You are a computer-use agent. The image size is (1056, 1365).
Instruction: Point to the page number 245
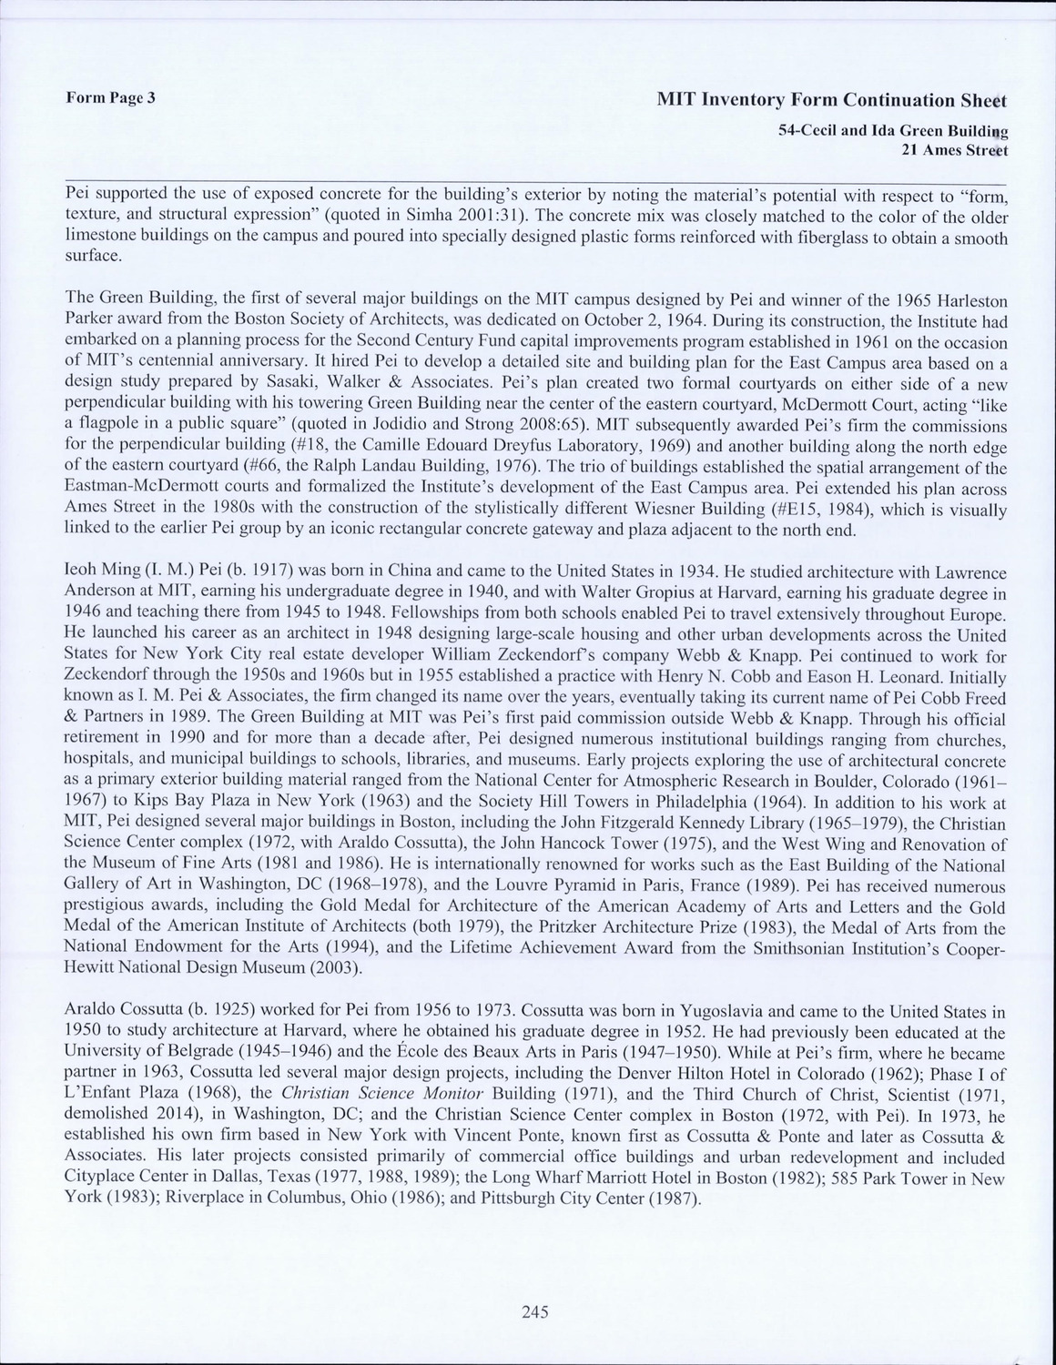click(x=534, y=1311)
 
